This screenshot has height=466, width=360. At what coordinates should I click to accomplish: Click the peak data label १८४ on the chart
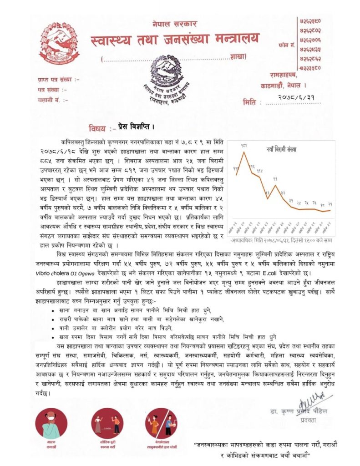pos(244,146)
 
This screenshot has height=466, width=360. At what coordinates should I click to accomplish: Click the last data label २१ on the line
pos(329,204)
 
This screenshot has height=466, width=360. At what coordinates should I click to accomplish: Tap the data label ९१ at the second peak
pos(275,179)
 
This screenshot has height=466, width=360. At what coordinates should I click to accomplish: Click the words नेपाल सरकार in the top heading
pos(174,23)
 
